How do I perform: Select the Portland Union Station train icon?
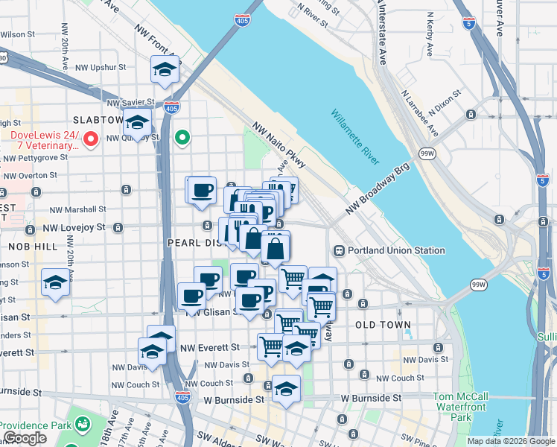click(340, 251)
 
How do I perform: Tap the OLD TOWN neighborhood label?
click(383, 326)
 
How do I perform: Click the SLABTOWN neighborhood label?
click(98, 120)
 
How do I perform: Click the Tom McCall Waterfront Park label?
click(461, 407)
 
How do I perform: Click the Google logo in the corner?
click(25, 438)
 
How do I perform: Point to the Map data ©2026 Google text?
click(510, 441)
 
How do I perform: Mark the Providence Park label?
click(34, 425)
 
